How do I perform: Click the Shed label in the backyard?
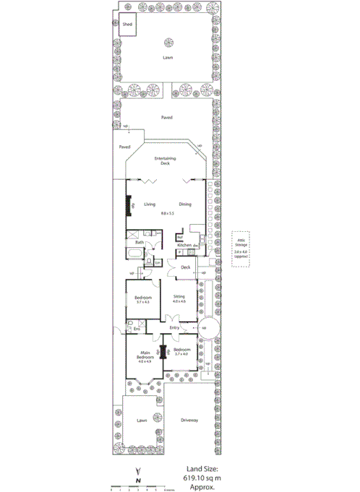tap(127, 24)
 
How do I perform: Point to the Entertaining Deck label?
tap(165, 161)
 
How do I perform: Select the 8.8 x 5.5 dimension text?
tap(168, 214)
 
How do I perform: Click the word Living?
tap(150, 204)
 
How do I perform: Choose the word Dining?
tap(186, 204)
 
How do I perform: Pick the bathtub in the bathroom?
tap(137, 254)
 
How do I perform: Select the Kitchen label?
tap(185, 246)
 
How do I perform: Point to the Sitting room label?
tap(179, 298)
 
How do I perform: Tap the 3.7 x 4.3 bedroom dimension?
tap(142, 301)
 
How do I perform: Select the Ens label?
tap(137, 329)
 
